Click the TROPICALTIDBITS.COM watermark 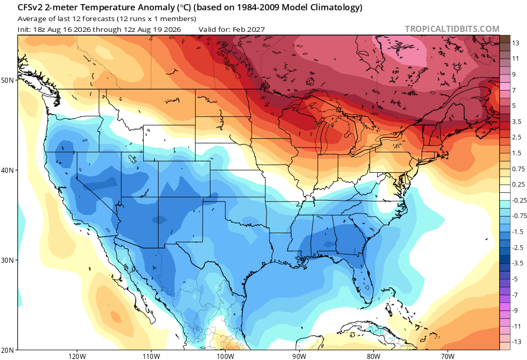point(452,29)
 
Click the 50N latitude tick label point(7,81)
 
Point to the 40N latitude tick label point(7,170)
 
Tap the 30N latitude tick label point(7,260)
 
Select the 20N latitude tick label point(7,350)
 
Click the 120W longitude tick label point(77,356)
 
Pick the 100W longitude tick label point(225,356)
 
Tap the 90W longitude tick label point(299,356)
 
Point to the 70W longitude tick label point(448,356)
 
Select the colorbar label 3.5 point(517,121)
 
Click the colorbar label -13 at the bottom point(516,342)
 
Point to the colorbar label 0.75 point(518,169)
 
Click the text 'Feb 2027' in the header point(249,29)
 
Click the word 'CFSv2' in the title point(30,7)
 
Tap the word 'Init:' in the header point(25,29)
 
